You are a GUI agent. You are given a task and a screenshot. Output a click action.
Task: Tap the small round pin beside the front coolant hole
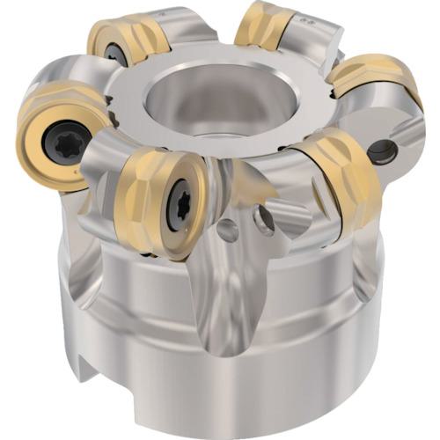(227, 231)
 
